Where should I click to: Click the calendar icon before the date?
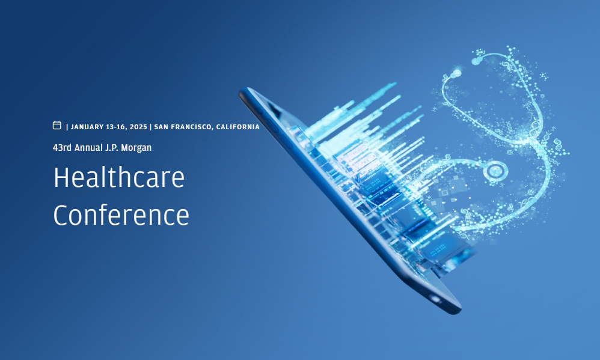[x=57, y=126]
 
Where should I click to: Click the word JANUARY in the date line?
[x=87, y=127]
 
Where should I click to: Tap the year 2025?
[x=138, y=127]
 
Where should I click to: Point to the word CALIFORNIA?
[x=238, y=127]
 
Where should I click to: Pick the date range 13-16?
[x=117, y=127]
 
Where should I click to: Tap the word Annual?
[x=88, y=148]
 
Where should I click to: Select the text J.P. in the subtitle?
[x=112, y=148]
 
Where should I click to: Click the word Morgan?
[x=136, y=148]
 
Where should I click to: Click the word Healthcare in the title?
[x=119, y=177]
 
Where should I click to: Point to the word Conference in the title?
[x=121, y=215]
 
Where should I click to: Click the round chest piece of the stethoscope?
[x=495, y=170]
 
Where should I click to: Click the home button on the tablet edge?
[x=435, y=299]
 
